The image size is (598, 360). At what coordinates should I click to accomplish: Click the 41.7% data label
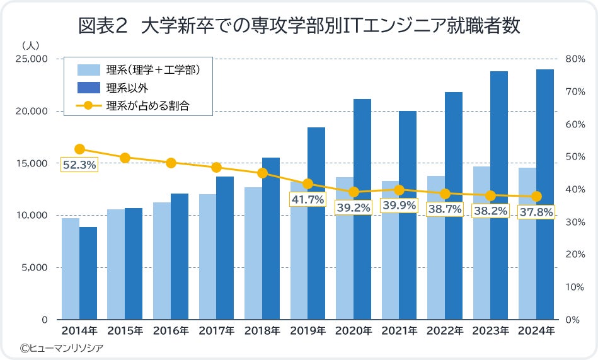coord(308,199)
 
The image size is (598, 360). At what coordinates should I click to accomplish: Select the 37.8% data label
coord(536,212)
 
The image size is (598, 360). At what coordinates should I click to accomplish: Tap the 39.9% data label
coord(399,206)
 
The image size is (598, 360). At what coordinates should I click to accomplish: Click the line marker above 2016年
coord(171,163)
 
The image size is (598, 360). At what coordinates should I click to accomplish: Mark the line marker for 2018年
coord(262,173)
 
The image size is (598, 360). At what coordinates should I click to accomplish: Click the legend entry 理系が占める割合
coord(148,106)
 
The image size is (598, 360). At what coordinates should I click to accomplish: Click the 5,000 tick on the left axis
coord(34,267)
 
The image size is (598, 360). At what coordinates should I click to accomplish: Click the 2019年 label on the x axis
coord(308,330)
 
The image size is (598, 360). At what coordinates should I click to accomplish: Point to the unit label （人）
coord(31,45)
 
